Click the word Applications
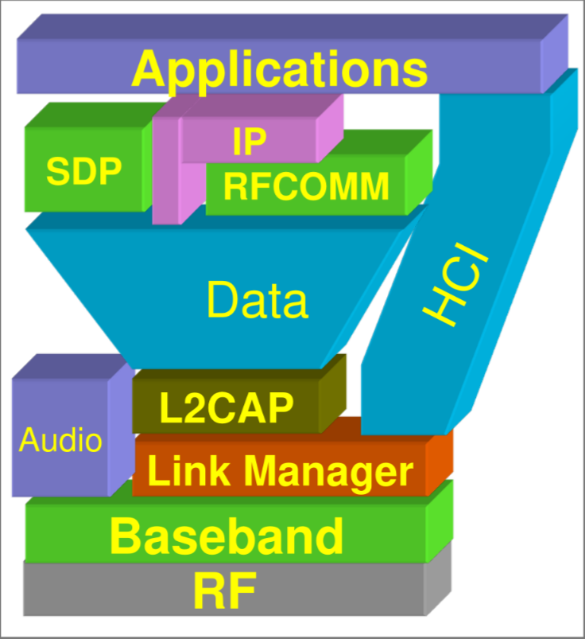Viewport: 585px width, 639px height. (x=280, y=69)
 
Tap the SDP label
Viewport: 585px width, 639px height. (x=83, y=171)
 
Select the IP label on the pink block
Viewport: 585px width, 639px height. (x=250, y=141)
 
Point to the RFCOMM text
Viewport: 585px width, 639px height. (x=306, y=187)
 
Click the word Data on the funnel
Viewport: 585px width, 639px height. (x=257, y=300)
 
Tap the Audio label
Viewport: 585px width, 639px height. (x=60, y=439)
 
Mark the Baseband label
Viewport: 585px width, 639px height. (x=227, y=536)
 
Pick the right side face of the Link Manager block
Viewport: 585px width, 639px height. (x=438, y=463)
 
